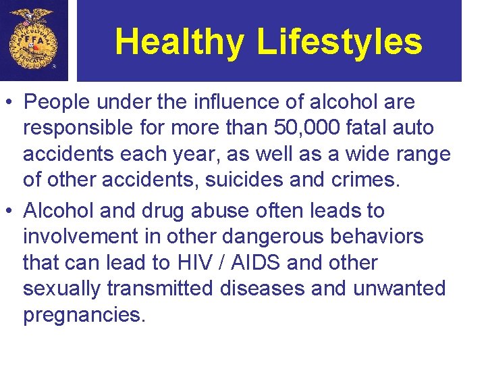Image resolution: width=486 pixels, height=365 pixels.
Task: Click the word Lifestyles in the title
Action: pyautogui.click(x=340, y=42)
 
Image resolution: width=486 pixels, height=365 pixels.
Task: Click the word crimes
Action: pyautogui.click(x=371, y=181)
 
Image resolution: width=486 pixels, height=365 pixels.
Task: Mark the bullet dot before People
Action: pyautogui.click(x=10, y=103)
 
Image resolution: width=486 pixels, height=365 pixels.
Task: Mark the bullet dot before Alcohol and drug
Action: pyautogui.click(x=10, y=212)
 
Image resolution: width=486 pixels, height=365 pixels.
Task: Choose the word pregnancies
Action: pyautogui.click(x=84, y=315)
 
